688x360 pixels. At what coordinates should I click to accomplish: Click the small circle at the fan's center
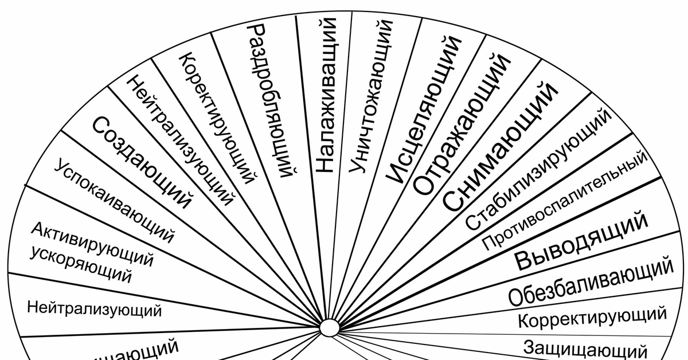(x=329, y=328)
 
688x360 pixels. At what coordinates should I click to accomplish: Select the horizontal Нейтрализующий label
(x=94, y=310)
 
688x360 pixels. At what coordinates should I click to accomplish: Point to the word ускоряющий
(x=80, y=265)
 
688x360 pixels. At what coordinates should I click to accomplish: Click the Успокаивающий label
(x=114, y=201)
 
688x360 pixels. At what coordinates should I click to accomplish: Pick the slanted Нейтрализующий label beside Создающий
(x=180, y=140)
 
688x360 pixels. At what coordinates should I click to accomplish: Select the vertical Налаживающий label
(x=326, y=95)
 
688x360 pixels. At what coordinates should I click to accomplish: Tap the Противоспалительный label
(x=565, y=201)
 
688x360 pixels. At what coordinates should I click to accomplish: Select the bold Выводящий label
(x=581, y=241)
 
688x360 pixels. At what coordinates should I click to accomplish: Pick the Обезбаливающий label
(x=591, y=281)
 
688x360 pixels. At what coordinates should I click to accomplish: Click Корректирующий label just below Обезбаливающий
(x=592, y=317)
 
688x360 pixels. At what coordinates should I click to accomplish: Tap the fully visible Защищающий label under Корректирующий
(x=585, y=348)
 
